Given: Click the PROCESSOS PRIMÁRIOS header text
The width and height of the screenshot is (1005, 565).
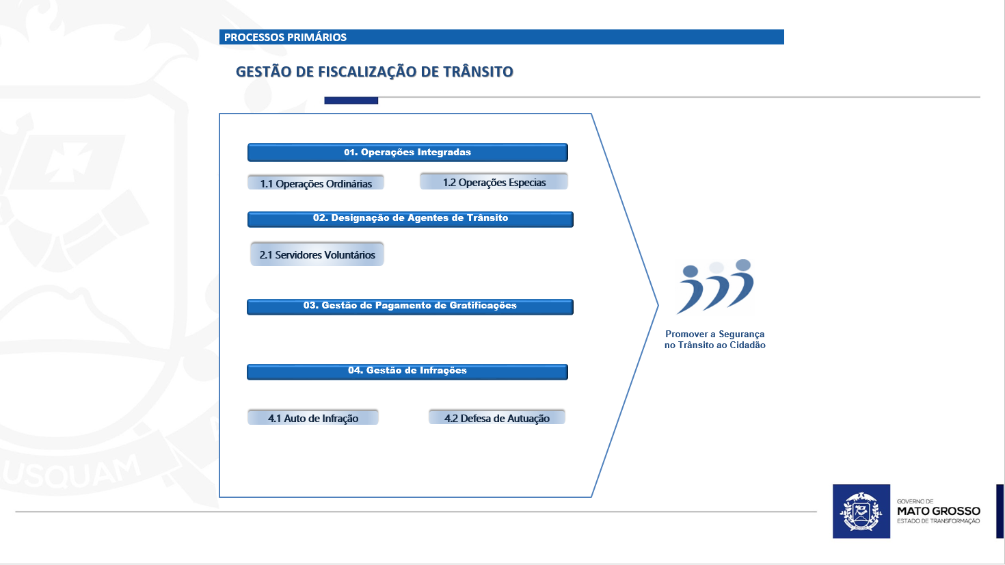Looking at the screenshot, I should [x=285, y=38].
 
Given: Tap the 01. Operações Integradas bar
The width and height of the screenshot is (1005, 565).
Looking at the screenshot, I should [x=407, y=153].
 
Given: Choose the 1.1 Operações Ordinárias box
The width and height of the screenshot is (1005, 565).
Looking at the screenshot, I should [x=316, y=183].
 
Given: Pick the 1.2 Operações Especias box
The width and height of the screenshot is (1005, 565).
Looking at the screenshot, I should [x=494, y=182].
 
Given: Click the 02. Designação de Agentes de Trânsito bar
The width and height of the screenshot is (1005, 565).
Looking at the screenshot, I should [x=410, y=219].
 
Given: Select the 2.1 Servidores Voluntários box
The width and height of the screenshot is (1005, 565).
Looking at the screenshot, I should [x=317, y=254].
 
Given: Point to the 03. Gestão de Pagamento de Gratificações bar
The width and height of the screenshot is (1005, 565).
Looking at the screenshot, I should [x=410, y=306].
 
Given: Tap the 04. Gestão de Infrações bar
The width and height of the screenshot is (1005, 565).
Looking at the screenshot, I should [x=407, y=371].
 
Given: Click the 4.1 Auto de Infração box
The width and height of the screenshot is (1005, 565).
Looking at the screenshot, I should [x=313, y=418].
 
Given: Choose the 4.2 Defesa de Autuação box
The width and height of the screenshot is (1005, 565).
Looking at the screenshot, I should [x=497, y=418].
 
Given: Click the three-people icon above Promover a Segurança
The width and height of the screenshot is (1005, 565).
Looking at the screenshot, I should [x=715, y=287].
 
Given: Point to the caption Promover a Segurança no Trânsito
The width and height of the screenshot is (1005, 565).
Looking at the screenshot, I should [x=715, y=340].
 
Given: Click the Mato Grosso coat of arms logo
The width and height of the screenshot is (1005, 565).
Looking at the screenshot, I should [x=861, y=512].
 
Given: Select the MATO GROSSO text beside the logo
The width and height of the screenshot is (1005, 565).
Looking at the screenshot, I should [x=938, y=511].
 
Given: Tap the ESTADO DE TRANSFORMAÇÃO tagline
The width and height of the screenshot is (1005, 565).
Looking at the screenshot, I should [x=938, y=521].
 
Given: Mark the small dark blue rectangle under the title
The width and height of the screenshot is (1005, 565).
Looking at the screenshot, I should [x=351, y=101].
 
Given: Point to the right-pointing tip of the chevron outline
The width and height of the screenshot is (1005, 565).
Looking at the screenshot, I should [x=656, y=305].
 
